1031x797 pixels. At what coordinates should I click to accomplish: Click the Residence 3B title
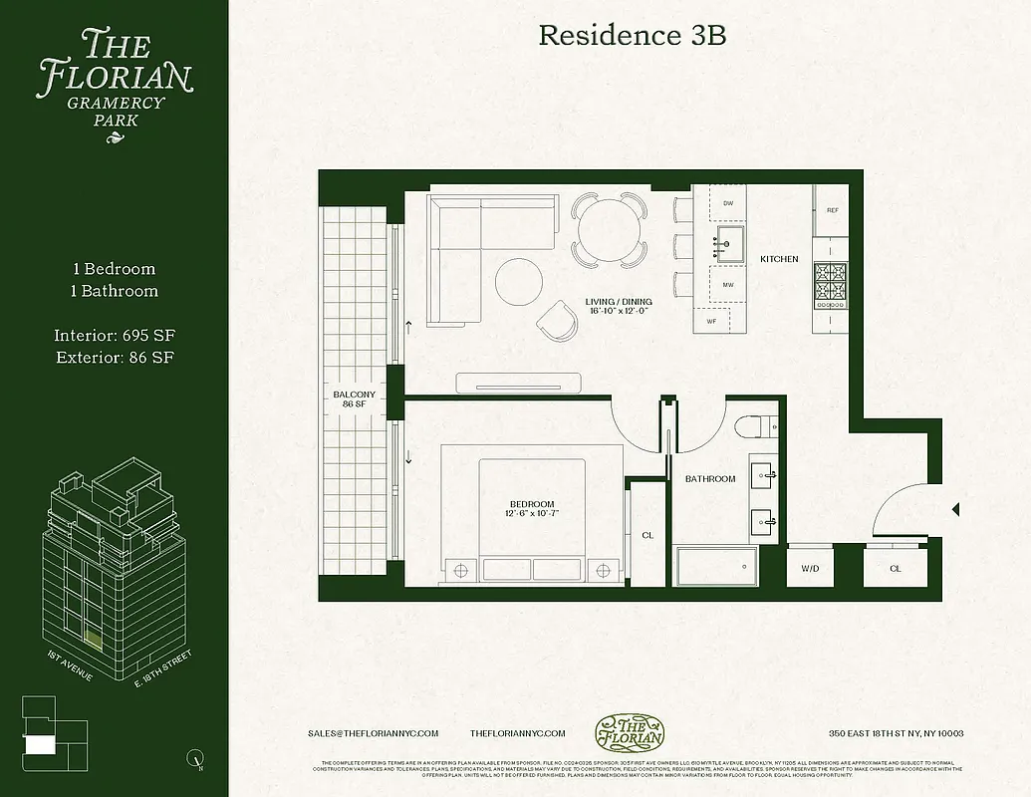(x=632, y=36)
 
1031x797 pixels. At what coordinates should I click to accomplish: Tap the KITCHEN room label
(x=779, y=259)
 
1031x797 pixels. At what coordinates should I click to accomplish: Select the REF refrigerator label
(x=831, y=210)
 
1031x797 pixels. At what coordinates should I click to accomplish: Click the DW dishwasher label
(x=728, y=203)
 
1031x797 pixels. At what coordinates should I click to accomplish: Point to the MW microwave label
(x=728, y=284)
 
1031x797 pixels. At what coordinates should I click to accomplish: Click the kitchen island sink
(x=730, y=240)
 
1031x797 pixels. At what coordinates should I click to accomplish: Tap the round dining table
(x=608, y=230)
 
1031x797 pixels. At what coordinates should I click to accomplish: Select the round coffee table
(x=520, y=279)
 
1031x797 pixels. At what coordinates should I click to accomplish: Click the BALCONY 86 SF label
(x=354, y=399)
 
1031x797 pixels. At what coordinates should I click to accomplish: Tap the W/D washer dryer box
(x=810, y=569)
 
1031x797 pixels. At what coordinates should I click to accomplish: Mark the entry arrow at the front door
(x=955, y=509)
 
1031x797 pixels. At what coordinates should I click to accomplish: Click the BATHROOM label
(x=710, y=479)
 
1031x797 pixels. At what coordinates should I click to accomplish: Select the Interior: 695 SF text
(x=115, y=336)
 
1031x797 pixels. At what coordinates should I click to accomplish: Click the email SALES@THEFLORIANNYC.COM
(x=374, y=733)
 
